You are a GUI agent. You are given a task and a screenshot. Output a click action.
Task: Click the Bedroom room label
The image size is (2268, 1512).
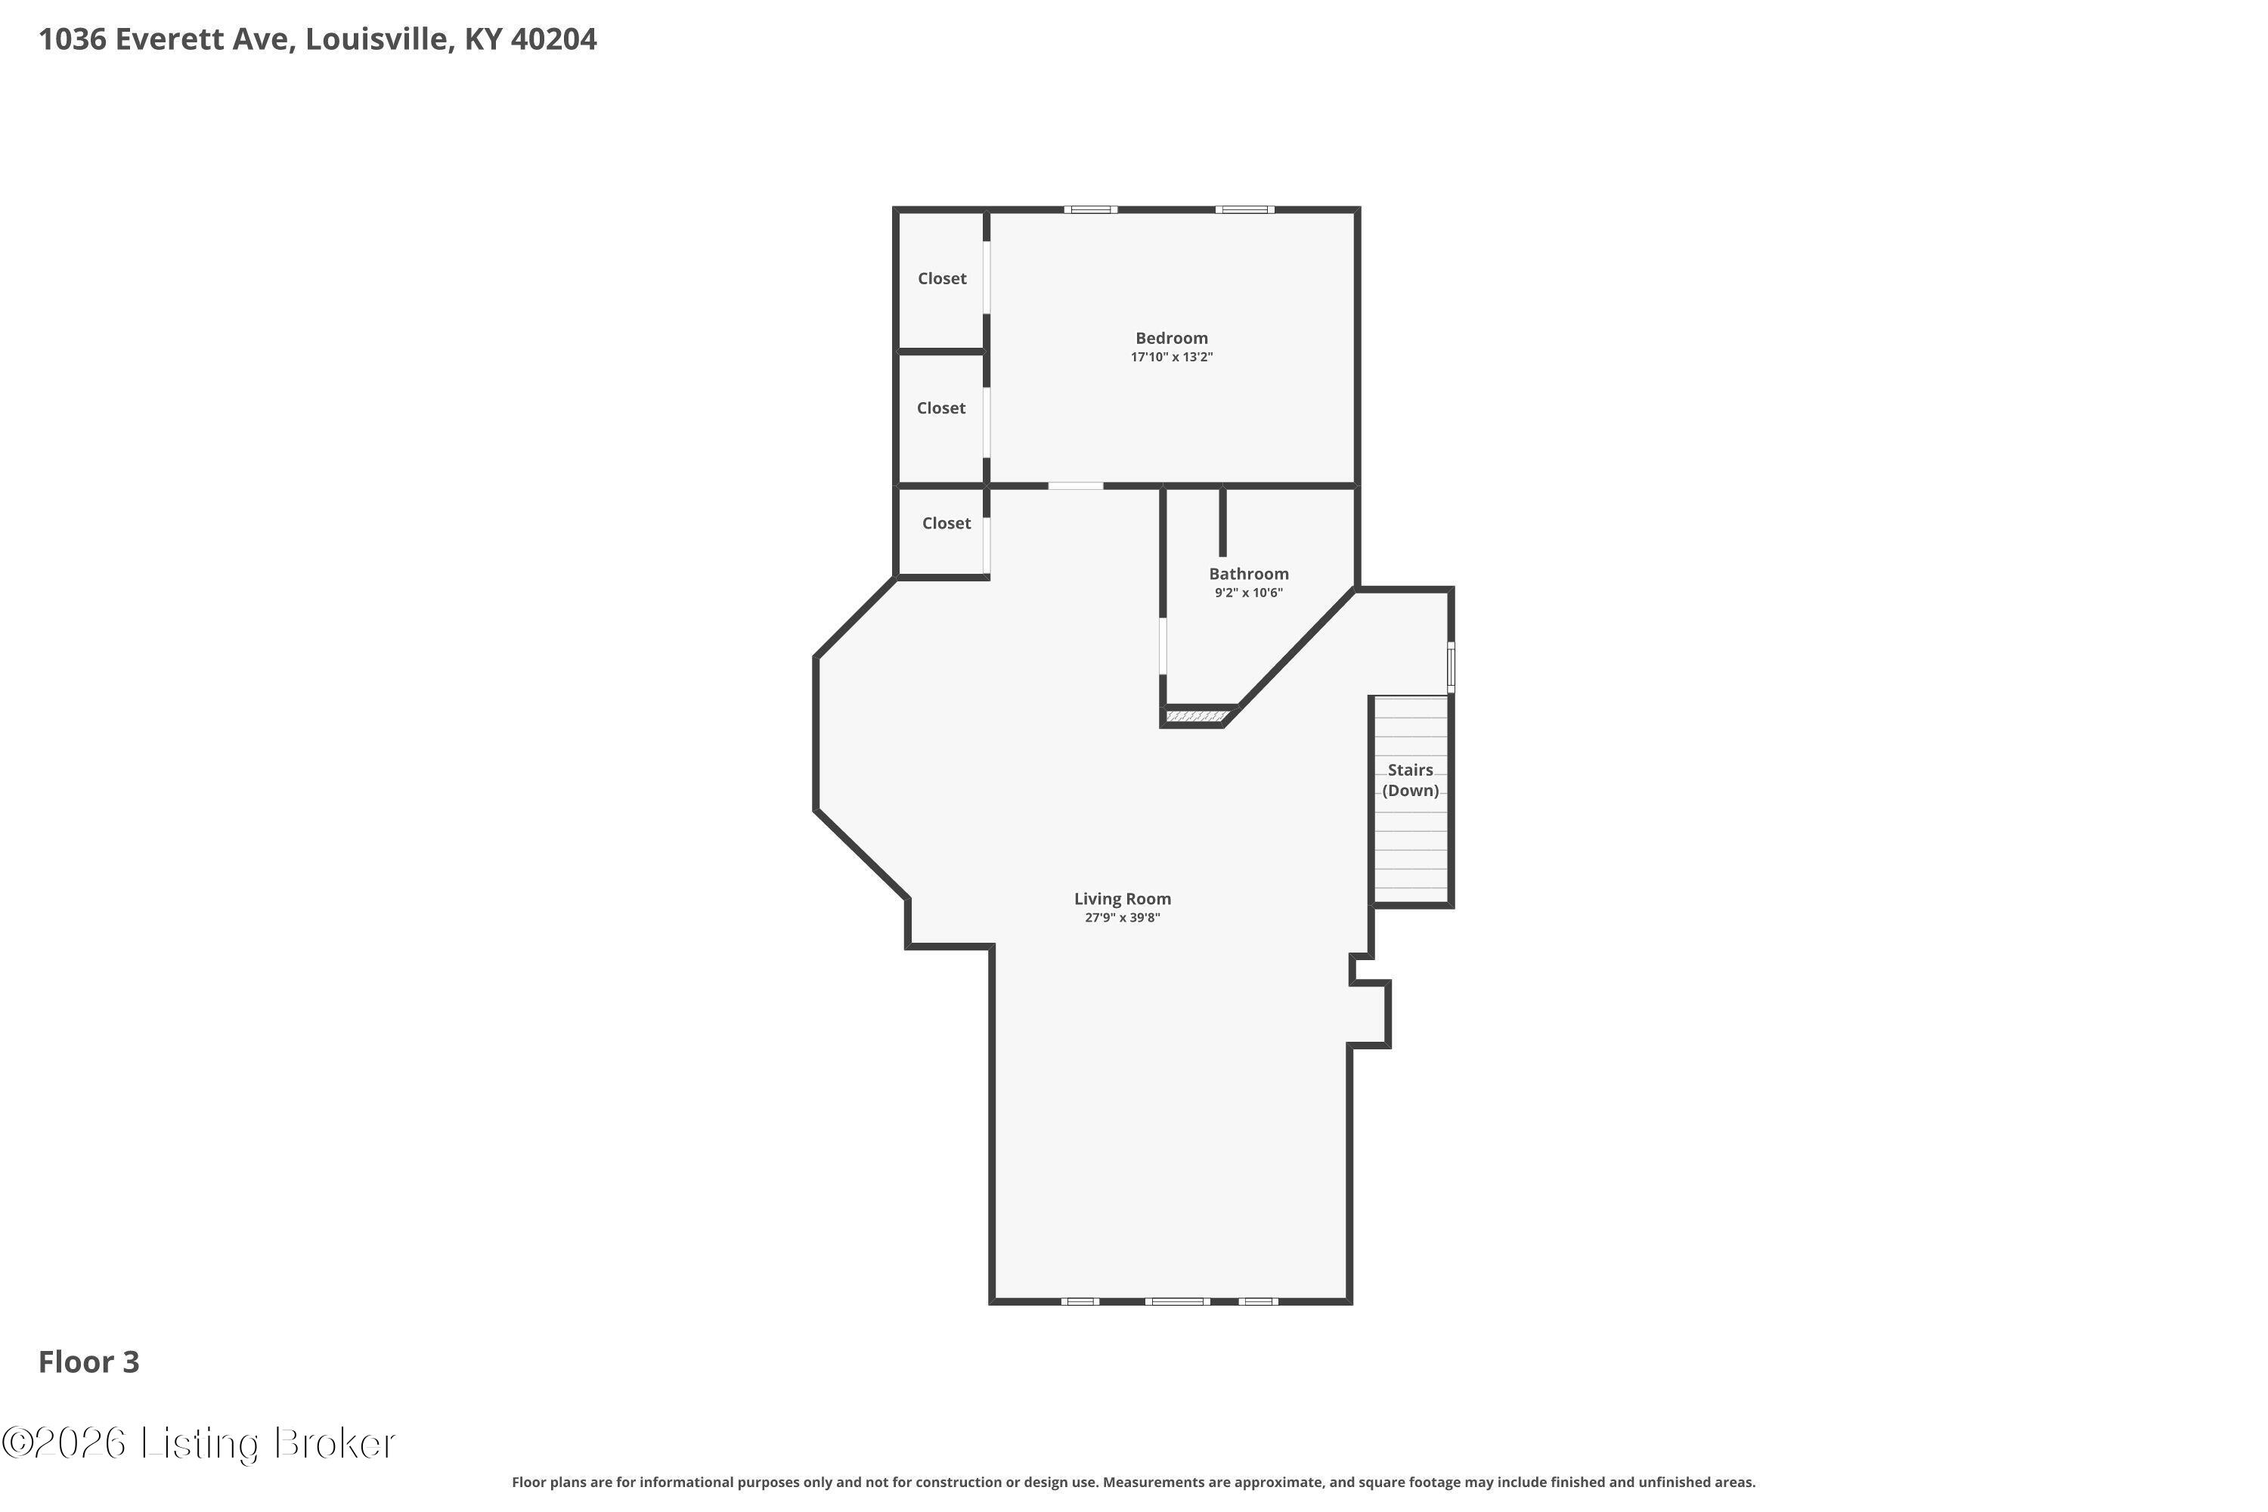click(1172, 339)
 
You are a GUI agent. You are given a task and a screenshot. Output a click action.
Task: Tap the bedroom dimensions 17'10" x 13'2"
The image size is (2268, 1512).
click(1172, 357)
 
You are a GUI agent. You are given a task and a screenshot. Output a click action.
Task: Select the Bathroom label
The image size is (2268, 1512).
click(1249, 574)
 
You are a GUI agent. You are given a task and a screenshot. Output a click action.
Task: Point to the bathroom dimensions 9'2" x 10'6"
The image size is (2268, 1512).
click(1249, 593)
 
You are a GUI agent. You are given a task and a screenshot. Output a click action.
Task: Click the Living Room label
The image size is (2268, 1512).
click(1123, 899)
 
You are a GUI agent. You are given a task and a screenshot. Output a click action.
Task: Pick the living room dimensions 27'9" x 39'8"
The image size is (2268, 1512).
click(1123, 918)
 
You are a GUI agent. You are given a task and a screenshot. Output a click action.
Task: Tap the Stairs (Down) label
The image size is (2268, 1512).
click(1411, 780)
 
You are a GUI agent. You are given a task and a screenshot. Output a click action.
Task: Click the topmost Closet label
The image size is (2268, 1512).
click(942, 279)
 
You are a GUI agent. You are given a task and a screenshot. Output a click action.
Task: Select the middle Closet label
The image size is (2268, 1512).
click(941, 409)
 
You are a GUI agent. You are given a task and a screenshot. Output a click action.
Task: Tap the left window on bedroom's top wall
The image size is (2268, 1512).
click(1091, 209)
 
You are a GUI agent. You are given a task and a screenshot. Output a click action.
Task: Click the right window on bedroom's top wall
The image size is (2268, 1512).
click(1244, 209)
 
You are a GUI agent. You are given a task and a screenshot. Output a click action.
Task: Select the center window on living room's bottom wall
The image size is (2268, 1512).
click(1177, 1302)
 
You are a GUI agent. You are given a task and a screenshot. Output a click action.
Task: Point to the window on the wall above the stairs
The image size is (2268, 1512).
click(1450, 668)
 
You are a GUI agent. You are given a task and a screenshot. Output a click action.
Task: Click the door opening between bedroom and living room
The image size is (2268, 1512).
click(1076, 486)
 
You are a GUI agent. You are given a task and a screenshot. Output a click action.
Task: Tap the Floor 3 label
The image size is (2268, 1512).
click(88, 1362)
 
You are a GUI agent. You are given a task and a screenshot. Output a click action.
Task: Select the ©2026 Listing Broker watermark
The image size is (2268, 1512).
click(199, 1443)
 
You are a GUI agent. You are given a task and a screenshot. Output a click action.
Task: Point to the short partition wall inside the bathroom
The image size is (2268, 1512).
click(1222, 522)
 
